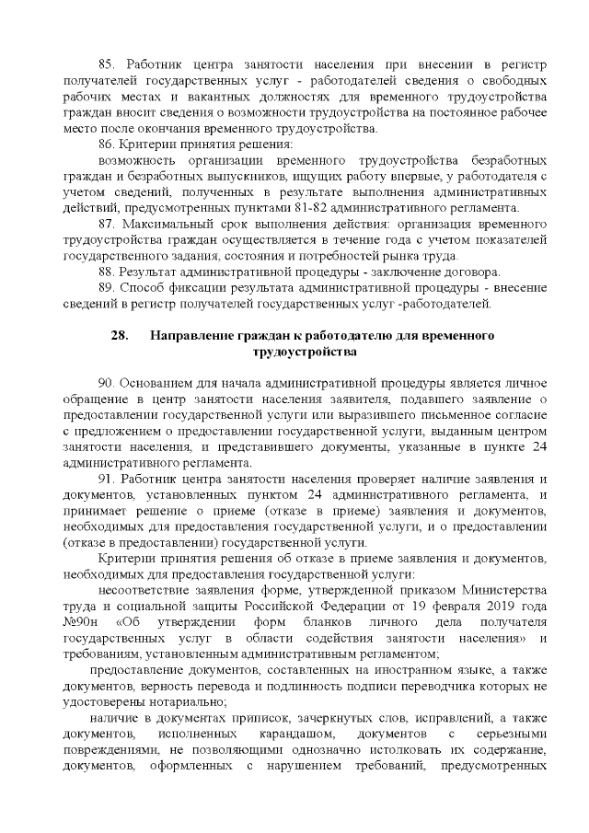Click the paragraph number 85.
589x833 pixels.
click(x=106, y=63)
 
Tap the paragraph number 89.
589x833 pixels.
click(x=106, y=288)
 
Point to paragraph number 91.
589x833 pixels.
click(x=106, y=480)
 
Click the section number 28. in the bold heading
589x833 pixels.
click(x=119, y=335)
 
